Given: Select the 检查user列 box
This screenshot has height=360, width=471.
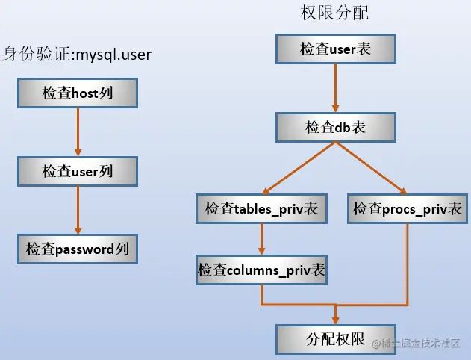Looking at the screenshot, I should [x=78, y=171].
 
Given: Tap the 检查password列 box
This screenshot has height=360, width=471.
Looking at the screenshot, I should [x=78, y=248].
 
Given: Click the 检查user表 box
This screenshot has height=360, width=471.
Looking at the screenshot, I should [x=335, y=49].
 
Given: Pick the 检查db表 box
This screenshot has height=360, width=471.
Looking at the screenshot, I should [x=335, y=128].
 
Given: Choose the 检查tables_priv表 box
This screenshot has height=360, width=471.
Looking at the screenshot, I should [x=261, y=209].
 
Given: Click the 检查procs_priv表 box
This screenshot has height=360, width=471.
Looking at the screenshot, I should [x=408, y=209].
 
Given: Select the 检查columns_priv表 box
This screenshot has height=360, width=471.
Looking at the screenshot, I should [x=261, y=270].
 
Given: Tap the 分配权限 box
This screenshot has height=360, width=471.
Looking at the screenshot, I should [x=335, y=338].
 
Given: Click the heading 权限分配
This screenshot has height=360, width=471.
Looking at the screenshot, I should [x=336, y=13].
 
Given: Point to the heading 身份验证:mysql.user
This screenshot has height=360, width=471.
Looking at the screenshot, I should [x=82, y=54].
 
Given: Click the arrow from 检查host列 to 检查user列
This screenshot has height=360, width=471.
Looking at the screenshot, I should [x=78, y=131].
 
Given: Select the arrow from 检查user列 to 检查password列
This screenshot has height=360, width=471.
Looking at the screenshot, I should [x=78, y=209].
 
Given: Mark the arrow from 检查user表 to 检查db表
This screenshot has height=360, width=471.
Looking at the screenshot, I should [x=335, y=88].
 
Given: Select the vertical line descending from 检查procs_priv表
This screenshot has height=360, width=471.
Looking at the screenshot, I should [x=408, y=261].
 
